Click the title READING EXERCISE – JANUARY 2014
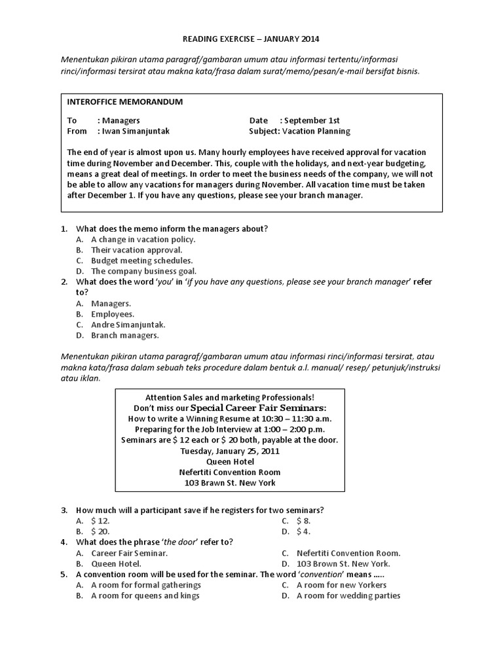[x=251, y=39]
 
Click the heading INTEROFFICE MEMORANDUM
[x=125, y=102]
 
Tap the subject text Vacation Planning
[x=316, y=131]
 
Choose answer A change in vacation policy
[x=143, y=239]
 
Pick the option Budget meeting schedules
[x=141, y=260]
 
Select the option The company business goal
[x=143, y=271]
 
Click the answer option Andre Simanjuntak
[x=128, y=325]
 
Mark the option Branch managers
[x=124, y=336]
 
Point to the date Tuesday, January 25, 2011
[x=229, y=450]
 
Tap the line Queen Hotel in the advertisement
[x=229, y=461]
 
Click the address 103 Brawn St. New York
[x=229, y=483]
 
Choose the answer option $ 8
[x=303, y=521]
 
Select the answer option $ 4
[x=303, y=531]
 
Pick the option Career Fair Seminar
[x=129, y=553]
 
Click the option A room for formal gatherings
[x=145, y=585]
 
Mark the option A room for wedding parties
[x=348, y=595]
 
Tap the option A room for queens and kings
[x=145, y=595]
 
